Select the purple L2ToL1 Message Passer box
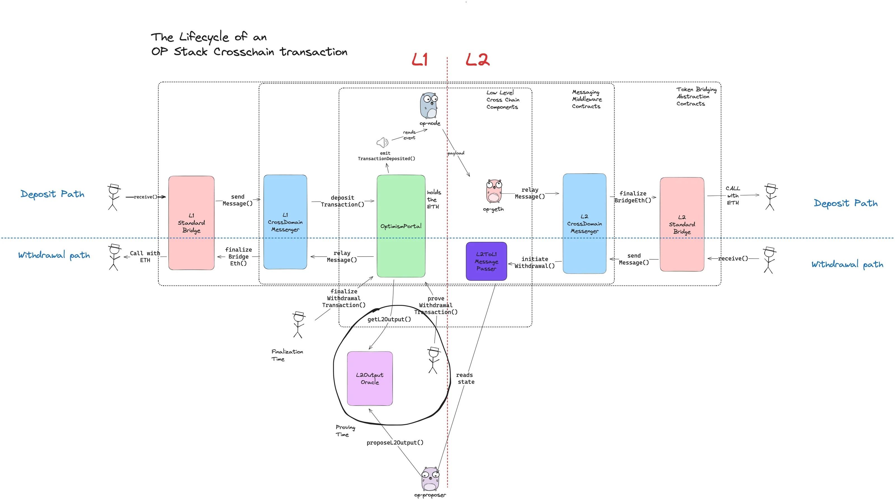[486, 261]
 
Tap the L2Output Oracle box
[370, 378]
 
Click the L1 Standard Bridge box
[191, 223]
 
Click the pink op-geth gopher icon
[494, 191]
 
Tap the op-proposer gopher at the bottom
[430, 479]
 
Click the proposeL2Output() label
[395, 442]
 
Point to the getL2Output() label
[389, 319]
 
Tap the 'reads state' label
[465, 378]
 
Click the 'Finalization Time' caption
[287, 355]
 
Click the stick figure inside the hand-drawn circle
[433, 360]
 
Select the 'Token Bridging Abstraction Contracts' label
[696, 96]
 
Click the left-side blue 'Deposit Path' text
[53, 194]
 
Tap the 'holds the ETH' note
[433, 199]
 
